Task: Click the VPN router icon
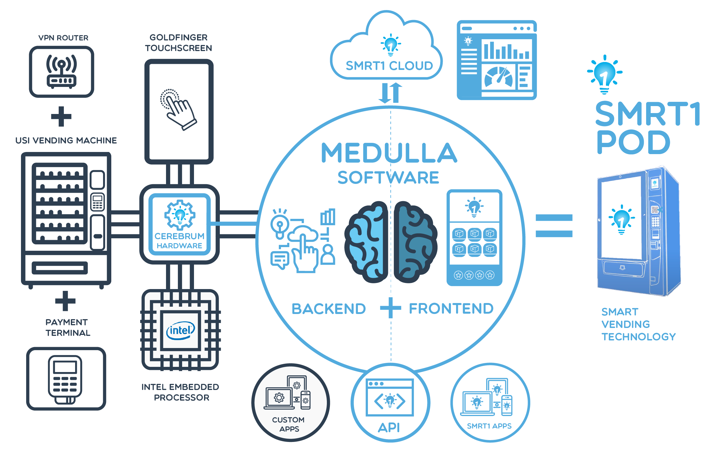[61, 72]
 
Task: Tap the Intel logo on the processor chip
[180, 330]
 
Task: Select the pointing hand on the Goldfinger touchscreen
[179, 110]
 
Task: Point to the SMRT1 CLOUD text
[389, 66]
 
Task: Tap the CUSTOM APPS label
[289, 424]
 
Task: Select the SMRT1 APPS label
[489, 426]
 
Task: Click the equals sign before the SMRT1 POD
[554, 226]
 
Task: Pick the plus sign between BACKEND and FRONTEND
[391, 308]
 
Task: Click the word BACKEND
[329, 309]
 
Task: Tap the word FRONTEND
[451, 309]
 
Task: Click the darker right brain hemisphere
[415, 242]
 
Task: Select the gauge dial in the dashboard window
[498, 77]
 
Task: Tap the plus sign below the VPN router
[61, 116]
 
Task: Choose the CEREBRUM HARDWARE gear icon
[180, 215]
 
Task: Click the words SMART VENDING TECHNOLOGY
[638, 324]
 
